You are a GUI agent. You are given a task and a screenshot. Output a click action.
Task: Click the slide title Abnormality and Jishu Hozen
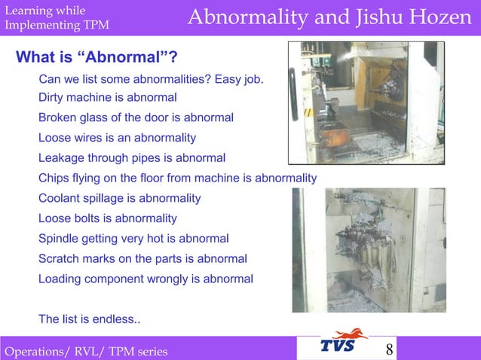click(329, 17)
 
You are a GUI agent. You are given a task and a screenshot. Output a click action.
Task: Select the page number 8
click(389, 349)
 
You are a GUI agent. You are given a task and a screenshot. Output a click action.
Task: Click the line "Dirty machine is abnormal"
click(107, 97)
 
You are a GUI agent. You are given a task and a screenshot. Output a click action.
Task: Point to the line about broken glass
click(136, 117)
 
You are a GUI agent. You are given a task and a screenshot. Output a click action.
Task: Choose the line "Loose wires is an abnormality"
click(117, 138)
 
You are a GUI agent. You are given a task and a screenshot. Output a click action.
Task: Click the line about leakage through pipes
click(132, 158)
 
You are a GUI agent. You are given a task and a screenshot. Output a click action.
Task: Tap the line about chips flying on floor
click(177, 178)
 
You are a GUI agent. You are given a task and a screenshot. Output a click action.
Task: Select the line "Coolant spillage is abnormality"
click(119, 198)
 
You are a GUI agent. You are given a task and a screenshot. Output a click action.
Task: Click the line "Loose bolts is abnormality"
click(107, 218)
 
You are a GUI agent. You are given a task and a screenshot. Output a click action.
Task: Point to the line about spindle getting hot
click(133, 239)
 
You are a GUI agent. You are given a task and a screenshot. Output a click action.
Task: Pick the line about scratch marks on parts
click(142, 258)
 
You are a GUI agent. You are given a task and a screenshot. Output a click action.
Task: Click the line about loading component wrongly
click(146, 279)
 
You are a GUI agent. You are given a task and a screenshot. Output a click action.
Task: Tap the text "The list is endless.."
click(89, 319)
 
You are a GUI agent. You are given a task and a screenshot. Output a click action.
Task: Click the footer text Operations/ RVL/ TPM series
click(86, 351)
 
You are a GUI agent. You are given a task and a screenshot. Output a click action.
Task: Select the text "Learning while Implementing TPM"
click(57, 18)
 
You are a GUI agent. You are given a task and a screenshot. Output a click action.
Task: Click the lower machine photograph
click(369, 250)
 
